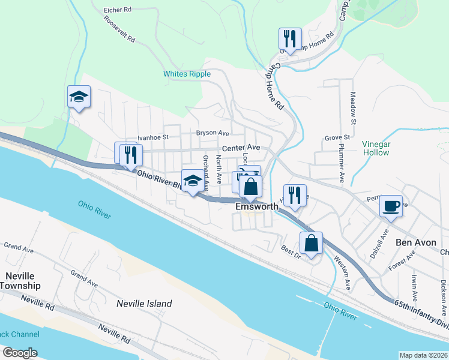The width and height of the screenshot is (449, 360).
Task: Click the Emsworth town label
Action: pyautogui.click(x=257, y=206)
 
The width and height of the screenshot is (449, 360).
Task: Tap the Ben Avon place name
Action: pyautogui.click(x=414, y=242)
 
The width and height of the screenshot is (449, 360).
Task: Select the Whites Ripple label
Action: pyautogui.click(x=187, y=74)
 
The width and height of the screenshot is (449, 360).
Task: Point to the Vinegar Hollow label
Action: pyautogui.click(x=376, y=148)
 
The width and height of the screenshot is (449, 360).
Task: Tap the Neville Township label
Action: pyautogui.click(x=20, y=280)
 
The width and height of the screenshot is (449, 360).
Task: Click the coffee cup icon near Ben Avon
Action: pyautogui.click(x=391, y=205)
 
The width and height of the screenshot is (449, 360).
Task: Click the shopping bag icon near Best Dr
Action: pyautogui.click(x=311, y=243)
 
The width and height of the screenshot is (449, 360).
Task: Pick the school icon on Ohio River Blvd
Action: pyautogui.click(x=192, y=180)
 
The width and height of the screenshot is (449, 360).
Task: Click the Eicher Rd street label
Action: pyautogui.click(x=117, y=10)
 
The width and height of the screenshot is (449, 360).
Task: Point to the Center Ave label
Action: pyautogui.click(x=241, y=148)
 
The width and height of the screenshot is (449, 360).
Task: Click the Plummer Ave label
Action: pyautogui.click(x=340, y=163)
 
